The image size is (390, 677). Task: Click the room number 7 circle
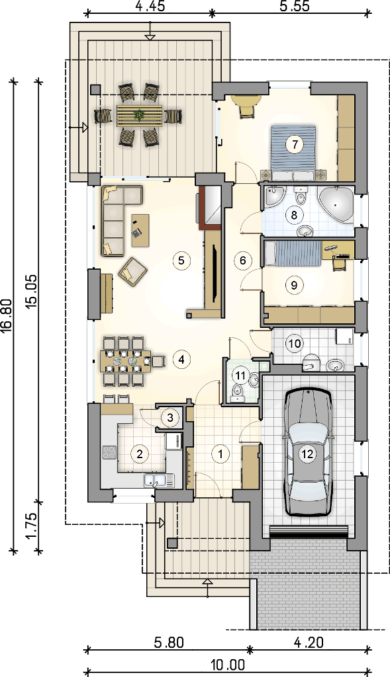point(295,144)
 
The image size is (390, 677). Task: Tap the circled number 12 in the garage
point(307,454)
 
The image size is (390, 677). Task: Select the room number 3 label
point(170,418)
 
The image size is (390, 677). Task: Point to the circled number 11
point(240,376)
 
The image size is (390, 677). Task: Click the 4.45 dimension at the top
point(149,7)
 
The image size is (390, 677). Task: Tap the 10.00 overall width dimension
point(228,666)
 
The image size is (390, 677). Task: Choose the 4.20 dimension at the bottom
point(309,643)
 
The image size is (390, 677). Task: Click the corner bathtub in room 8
point(336,205)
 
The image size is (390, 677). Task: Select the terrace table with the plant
point(139,115)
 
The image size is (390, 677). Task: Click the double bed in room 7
point(293,153)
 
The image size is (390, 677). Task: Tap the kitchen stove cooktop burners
point(109,452)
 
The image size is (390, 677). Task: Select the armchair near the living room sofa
point(133,271)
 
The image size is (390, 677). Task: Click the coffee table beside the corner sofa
point(140,230)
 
